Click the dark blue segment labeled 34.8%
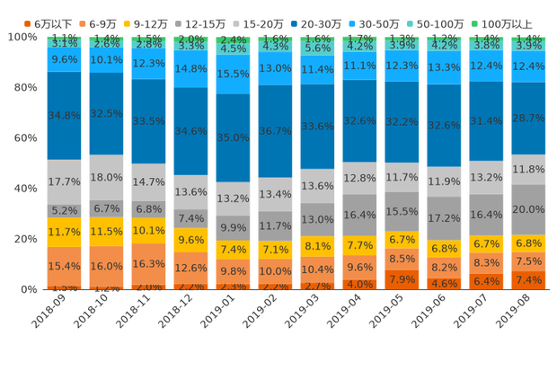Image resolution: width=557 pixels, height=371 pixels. pyautogui.click(x=64, y=115)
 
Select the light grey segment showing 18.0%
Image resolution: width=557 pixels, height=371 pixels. pyautogui.click(x=107, y=177)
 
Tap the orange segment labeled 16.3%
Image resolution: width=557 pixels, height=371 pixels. pyautogui.click(x=149, y=263)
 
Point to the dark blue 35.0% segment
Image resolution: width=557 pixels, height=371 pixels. pyautogui.click(x=234, y=137)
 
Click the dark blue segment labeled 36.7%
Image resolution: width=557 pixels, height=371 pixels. pyautogui.click(x=276, y=130)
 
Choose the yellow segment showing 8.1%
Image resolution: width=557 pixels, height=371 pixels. pyautogui.click(x=318, y=245)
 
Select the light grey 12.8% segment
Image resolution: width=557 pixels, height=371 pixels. pyautogui.click(x=360, y=178)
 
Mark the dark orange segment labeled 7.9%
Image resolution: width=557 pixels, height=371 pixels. pyautogui.click(x=402, y=278)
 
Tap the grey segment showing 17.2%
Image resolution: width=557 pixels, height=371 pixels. pyautogui.click(x=445, y=217)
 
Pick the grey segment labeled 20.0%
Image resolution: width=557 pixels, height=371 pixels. pyautogui.click(x=529, y=208)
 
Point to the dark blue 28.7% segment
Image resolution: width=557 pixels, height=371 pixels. pyautogui.click(x=529, y=118)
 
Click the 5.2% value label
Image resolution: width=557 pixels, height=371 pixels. pyautogui.click(x=64, y=210)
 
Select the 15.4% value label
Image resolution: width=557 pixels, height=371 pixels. pyautogui.click(x=64, y=266)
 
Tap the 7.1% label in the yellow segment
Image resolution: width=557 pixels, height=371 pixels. pyautogui.click(x=276, y=249)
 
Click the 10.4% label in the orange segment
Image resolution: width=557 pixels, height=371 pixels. pyautogui.click(x=318, y=269)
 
